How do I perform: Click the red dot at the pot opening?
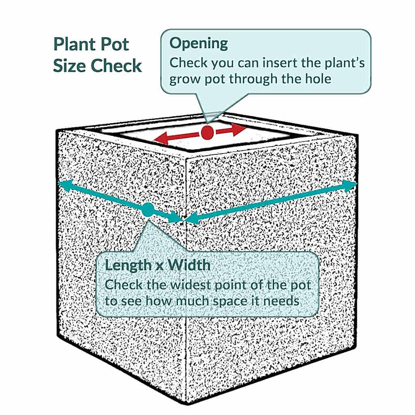[x=207, y=133]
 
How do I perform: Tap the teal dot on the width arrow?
[x=148, y=210]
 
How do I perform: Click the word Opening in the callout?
[x=199, y=44]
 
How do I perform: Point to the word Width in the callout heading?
[x=189, y=265]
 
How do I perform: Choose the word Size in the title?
[x=70, y=66]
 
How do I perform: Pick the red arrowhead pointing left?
[x=160, y=139]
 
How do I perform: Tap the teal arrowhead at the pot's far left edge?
[x=65, y=184]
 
